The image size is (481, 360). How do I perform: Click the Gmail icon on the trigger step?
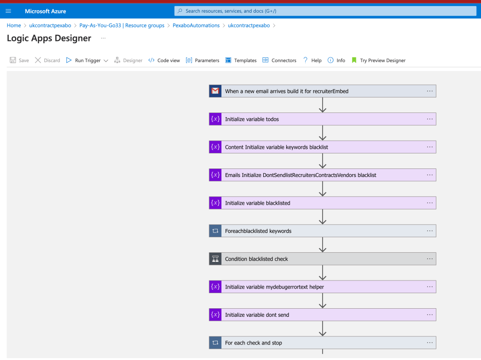(215, 91)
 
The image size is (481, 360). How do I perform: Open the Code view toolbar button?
(164, 60)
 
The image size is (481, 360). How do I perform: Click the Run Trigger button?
(87, 60)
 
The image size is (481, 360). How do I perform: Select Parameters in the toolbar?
(203, 60)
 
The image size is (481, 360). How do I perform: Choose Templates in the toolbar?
(241, 60)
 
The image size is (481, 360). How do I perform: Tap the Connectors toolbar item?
(279, 60)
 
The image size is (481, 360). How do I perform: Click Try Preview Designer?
(378, 60)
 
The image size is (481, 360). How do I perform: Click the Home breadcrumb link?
(14, 25)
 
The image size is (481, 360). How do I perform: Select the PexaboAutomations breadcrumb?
(196, 25)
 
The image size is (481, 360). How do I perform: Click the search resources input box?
(325, 11)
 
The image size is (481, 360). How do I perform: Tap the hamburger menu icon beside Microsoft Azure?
(8, 11)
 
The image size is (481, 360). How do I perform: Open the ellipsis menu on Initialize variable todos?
(430, 119)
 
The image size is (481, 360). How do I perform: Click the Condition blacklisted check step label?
(256, 259)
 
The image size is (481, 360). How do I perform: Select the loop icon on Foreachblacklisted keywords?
(215, 231)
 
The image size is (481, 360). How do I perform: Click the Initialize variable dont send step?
(323, 315)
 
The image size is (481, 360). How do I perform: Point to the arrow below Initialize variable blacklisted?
(323, 216)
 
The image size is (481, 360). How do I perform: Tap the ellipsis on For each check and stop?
(430, 343)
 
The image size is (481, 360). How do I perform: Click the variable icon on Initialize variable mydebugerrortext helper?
(215, 287)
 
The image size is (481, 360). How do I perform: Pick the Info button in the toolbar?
(337, 60)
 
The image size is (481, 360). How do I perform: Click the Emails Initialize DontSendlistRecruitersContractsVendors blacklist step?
(323, 175)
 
